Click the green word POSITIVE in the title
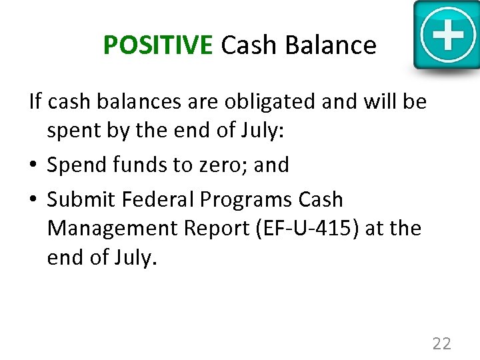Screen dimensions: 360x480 tap(157, 45)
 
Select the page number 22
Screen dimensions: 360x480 tap(441, 343)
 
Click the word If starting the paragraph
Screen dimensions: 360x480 tap(35, 102)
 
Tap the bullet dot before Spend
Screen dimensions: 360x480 tap(34, 165)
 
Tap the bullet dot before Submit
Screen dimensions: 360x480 tap(34, 200)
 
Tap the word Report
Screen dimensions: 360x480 tap(212, 228)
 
